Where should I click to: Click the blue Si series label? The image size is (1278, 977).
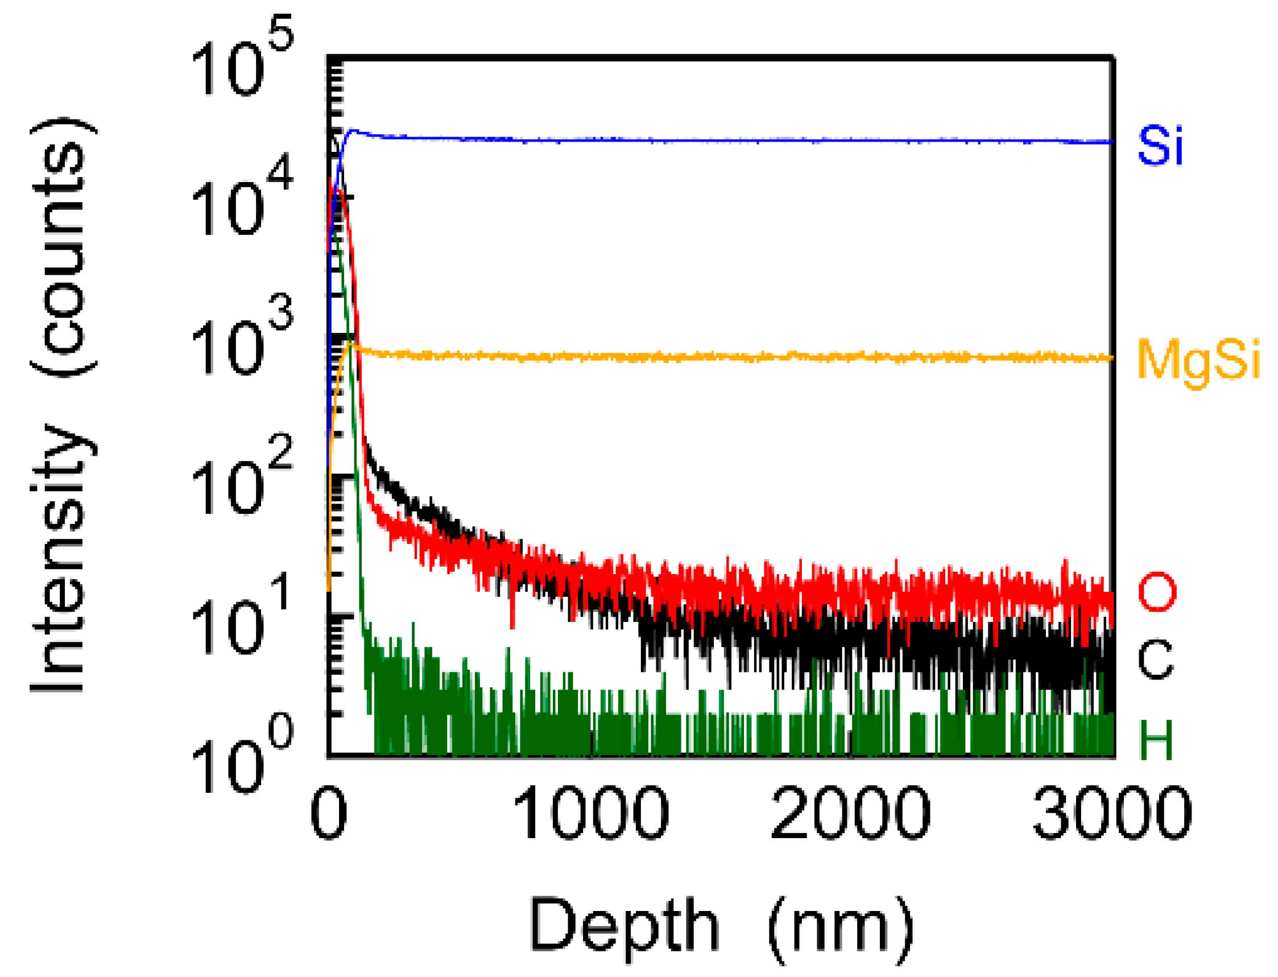[1160, 146]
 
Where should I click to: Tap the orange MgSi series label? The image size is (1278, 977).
[1198, 361]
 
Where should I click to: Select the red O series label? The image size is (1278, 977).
[1156, 592]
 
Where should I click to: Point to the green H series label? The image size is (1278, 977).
[1156, 739]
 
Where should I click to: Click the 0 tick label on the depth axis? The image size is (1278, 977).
[329, 813]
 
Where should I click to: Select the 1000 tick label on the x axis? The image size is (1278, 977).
[590, 813]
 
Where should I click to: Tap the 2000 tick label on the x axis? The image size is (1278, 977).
[850, 813]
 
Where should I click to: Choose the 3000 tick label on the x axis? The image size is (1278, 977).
[1112, 813]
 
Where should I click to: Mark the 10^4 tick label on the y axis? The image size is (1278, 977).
[242, 204]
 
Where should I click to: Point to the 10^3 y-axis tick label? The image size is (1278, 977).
[242, 343]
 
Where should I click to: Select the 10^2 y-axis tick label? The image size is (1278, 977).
[242, 483]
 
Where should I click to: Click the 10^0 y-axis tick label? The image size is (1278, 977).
[242, 762]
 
